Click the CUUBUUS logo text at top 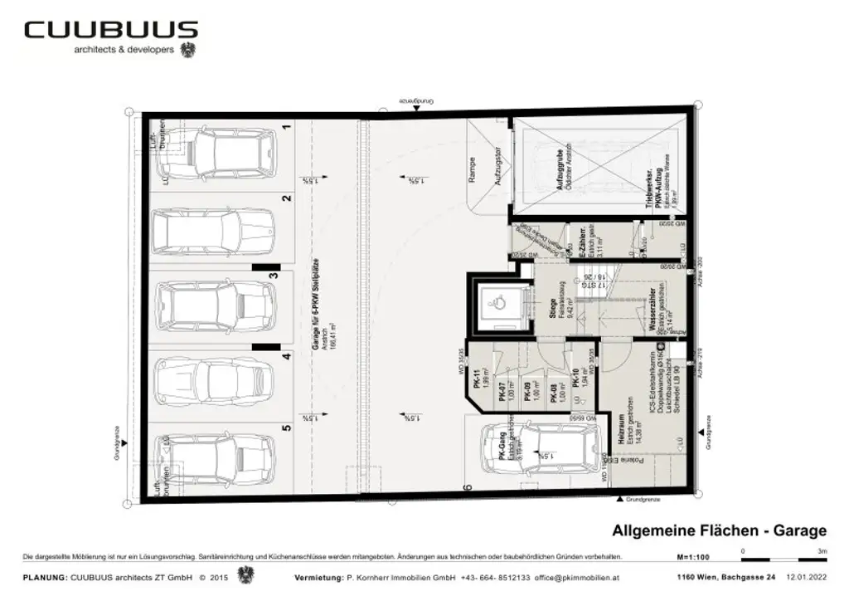(111, 31)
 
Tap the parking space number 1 (286, 127)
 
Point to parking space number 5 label (286, 428)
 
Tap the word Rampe (472, 171)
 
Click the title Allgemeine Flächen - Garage (719, 531)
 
